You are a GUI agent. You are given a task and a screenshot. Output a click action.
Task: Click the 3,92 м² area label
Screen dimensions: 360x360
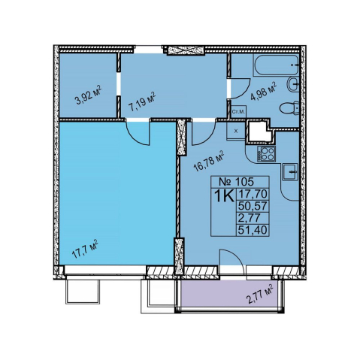tap(88, 95)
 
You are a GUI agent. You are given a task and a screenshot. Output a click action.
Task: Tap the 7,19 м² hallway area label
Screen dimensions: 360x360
tap(142, 102)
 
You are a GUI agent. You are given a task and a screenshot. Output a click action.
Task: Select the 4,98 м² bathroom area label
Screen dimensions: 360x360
tap(264, 92)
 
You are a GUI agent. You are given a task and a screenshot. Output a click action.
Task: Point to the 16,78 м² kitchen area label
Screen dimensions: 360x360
tap(209, 161)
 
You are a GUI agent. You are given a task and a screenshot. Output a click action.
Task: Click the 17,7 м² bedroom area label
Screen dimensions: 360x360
tap(85, 250)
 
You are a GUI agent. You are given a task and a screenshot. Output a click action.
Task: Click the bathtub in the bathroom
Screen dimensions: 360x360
tap(276, 65)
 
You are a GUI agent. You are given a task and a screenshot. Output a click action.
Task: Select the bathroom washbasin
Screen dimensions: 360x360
tap(293, 84)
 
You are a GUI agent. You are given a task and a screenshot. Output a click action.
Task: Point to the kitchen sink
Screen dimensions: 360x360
tap(290, 172)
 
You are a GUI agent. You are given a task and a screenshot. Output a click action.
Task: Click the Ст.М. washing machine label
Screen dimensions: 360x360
tap(238, 112)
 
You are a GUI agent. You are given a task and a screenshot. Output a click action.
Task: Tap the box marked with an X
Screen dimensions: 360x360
tap(236, 131)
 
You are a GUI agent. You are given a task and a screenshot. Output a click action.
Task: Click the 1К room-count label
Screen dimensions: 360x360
tap(225, 196)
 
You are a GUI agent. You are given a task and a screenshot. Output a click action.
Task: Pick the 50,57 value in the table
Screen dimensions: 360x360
tap(253, 206)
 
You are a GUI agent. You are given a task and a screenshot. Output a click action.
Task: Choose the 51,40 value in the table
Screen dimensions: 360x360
tap(253, 229)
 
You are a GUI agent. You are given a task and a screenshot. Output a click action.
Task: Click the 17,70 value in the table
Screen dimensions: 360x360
tap(253, 194)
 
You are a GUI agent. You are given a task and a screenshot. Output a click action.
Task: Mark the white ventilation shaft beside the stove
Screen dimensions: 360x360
tap(260, 132)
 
